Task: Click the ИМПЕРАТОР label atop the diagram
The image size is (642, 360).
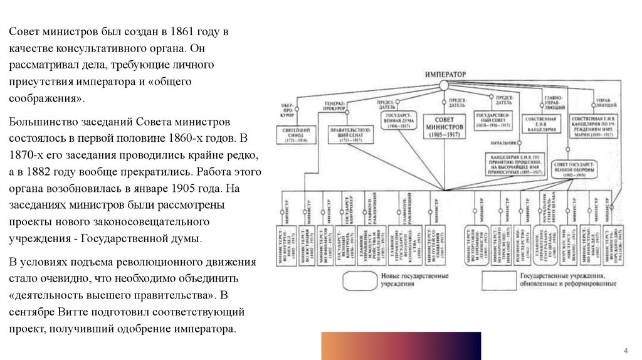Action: tap(445, 75)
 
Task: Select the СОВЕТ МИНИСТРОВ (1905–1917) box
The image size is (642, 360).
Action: tap(445, 127)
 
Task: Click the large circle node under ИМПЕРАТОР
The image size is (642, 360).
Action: tap(445, 85)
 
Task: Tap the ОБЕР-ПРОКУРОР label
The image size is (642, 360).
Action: tap(287, 110)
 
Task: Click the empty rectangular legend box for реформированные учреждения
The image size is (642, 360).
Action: tap(498, 280)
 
